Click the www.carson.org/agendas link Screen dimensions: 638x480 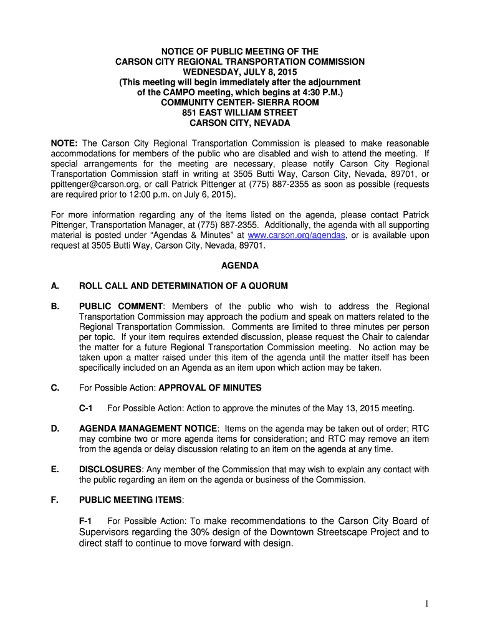[x=296, y=235]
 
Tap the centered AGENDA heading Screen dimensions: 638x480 [x=240, y=265]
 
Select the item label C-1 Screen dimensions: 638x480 [x=86, y=408]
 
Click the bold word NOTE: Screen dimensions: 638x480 [x=64, y=143]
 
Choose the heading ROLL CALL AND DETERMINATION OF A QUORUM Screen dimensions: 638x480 [x=183, y=286]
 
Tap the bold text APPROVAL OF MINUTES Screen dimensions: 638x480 [x=210, y=388]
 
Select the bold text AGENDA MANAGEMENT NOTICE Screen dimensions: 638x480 [x=148, y=429]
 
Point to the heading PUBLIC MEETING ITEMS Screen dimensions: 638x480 [x=130, y=500]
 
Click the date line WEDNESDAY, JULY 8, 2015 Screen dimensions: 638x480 [x=240, y=72]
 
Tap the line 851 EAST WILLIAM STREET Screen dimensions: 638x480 [x=240, y=113]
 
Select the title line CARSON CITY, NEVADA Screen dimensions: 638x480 [x=240, y=123]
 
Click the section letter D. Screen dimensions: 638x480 [x=55, y=429]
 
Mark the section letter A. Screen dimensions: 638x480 [x=55, y=286]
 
